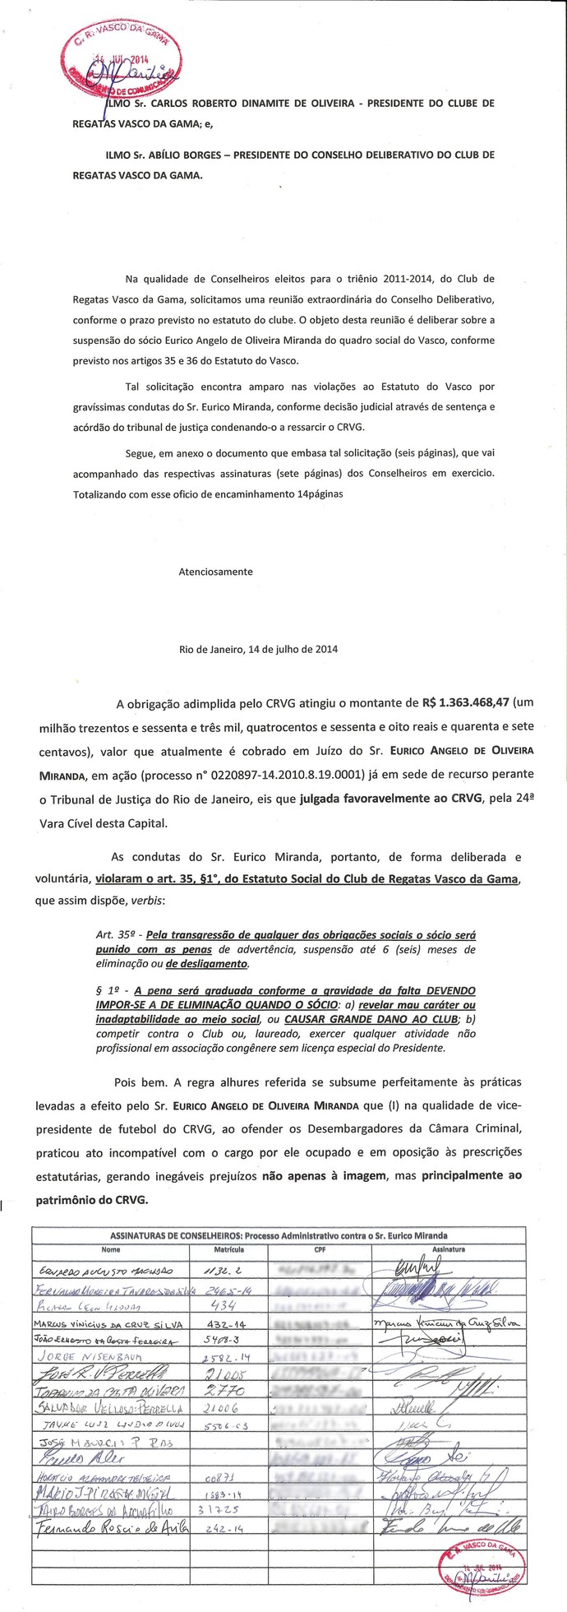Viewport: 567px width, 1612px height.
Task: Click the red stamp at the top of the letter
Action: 120,62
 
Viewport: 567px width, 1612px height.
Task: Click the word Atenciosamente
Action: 215,571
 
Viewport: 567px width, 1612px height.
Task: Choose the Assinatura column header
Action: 449,1248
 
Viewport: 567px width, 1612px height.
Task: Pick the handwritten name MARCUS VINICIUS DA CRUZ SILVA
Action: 109,1322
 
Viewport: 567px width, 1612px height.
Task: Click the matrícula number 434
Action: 224,1305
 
